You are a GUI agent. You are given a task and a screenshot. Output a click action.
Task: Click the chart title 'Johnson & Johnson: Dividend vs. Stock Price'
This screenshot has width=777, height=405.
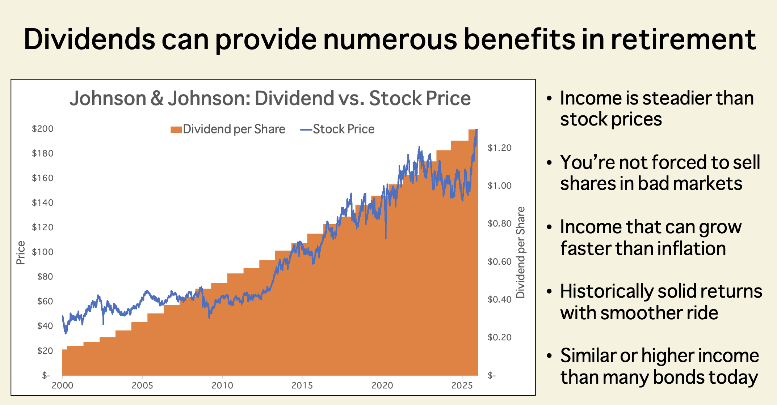click(x=270, y=98)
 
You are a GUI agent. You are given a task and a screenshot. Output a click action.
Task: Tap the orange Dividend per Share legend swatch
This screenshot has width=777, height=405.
click(x=176, y=129)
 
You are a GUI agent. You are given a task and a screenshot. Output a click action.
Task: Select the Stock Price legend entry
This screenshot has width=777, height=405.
click(x=337, y=129)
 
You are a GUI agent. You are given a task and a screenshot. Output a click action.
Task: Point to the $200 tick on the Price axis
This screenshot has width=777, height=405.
click(x=43, y=129)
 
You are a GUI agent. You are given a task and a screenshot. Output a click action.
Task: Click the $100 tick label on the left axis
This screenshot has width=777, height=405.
click(x=43, y=252)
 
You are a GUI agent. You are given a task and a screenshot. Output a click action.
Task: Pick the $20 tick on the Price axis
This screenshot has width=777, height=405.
click(x=45, y=350)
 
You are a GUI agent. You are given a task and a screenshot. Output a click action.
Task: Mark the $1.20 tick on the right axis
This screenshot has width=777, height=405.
click(x=500, y=148)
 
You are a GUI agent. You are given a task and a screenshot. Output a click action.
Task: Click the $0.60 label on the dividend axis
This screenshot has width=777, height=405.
click(x=500, y=261)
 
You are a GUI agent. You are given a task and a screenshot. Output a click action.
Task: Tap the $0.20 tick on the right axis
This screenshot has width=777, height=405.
click(x=500, y=337)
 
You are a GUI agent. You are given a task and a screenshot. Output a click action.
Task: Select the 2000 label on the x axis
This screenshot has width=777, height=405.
click(x=63, y=385)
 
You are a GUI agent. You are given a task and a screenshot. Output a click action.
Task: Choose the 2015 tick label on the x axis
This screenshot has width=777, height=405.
click(x=302, y=385)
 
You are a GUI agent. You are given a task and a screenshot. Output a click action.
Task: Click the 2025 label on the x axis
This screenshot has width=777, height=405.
click(x=462, y=385)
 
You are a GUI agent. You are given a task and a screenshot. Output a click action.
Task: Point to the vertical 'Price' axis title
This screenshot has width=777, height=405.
click(x=21, y=253)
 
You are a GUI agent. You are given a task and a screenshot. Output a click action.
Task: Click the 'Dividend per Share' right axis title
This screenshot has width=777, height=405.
click(x=520, y=252)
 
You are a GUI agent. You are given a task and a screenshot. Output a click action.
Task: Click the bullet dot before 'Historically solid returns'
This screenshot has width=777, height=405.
click(x=550, y=291)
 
